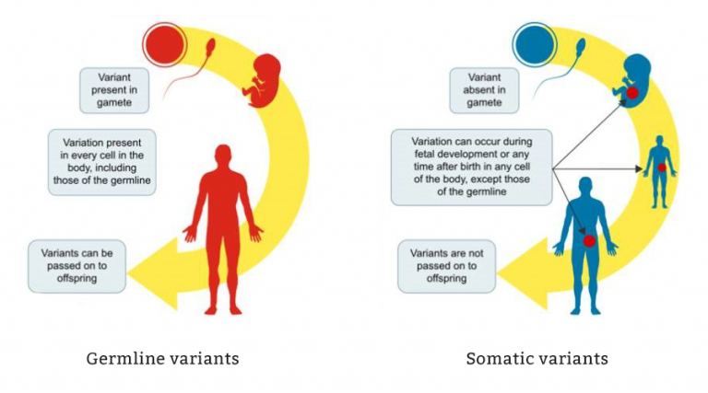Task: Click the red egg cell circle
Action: (x=164, y=44)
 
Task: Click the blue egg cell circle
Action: (x=535, y=44)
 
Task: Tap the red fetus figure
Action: (x=263, y=81)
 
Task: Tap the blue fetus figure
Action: (x=632, y=81)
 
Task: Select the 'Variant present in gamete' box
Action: (x=114, y=90)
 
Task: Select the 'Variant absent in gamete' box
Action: (x=484, y=90)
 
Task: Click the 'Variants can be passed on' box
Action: (x=77, y=266)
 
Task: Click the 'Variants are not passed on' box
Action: (x=446, y=266)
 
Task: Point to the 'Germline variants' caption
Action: (x=162, y=359)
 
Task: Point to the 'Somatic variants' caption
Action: (x=537, y=359)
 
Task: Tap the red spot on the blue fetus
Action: (x=632, y=93)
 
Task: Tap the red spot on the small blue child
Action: (x=662, y=168)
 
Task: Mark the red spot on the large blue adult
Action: (x=589, y=241)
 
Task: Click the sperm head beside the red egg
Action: (x=210, y=44)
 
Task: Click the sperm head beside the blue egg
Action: (x=581, y=44)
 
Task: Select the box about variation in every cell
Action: (x=102, y=162)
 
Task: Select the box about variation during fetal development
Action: (x=471, y=168)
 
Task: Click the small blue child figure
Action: (x=660, y=171)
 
